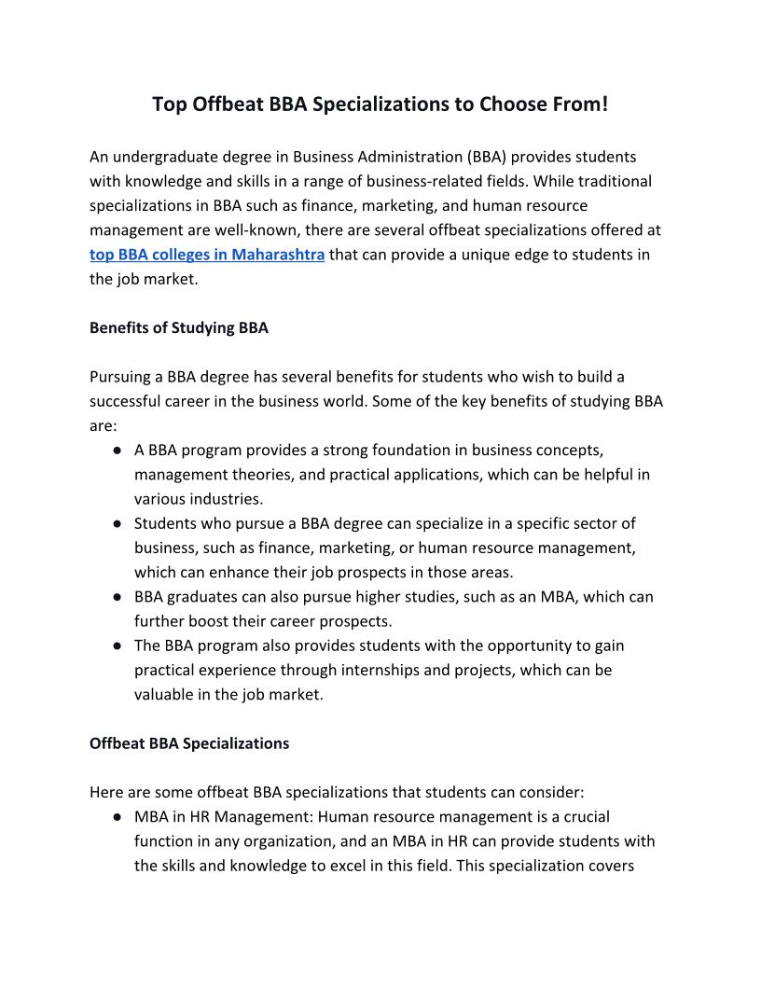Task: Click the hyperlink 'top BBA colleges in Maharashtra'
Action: click(207, 255)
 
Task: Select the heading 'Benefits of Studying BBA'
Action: click(179, 327)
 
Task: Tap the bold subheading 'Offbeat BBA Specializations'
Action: click(189, 743)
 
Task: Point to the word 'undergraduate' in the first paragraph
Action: click(162, 157)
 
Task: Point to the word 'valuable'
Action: click(164, 694)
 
